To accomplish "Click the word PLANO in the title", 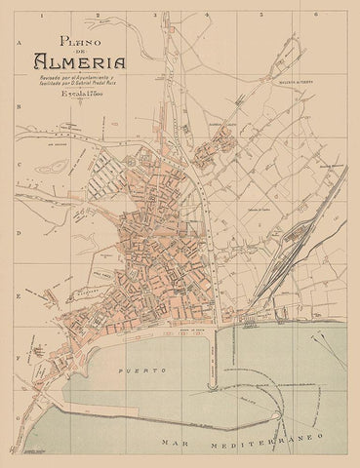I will click(78, 41).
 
